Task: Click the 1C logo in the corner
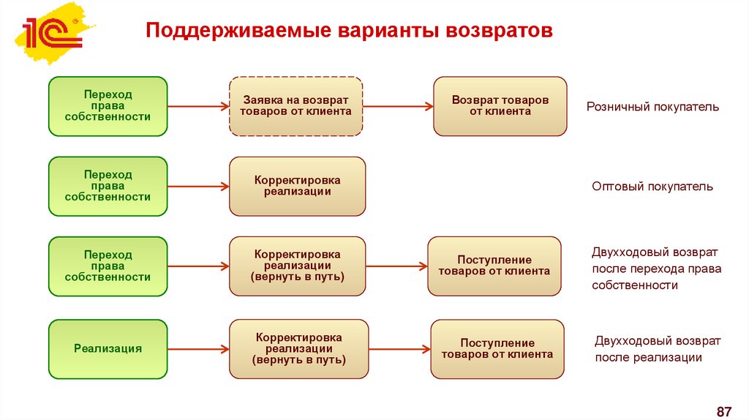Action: coord(51,33)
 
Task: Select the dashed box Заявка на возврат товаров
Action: coord(296,106)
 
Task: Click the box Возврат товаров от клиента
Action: coord(500,106)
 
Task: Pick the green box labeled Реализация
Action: coord(108,349)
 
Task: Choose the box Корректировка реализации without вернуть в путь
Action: coord(297,186)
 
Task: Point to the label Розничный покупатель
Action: coord(652,107)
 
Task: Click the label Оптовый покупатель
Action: coord(652,187)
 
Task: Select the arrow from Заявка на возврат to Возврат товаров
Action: coord(397,107)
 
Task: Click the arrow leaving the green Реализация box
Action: coord(197,350)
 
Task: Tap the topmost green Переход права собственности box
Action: coord(108,106)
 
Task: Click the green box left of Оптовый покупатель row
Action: coord(108,186)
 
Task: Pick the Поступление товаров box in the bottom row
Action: coord(497,349)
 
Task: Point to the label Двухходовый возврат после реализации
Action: coord(658,349)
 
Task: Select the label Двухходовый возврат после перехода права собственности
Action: coord(656,269)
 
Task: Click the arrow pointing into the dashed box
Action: coord(197,107)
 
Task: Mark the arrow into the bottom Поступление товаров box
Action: coord(399,350)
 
